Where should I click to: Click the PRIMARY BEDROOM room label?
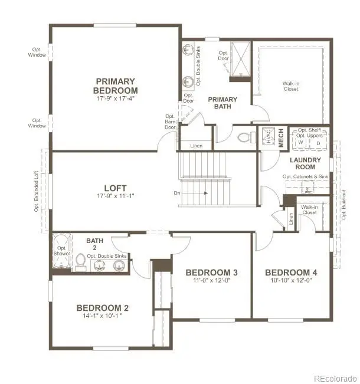pyautogui.click(x=115, y=86)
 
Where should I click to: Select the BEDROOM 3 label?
pyautogui.click(x=211, y=273)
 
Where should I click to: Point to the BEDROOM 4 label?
pyautogui.click(x=291, y=273)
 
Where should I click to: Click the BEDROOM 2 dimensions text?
pyautogui.click(x=102, y=316)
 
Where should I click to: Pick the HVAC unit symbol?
pyautogui.click(x=267, y=137)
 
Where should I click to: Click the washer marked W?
pyautogui.click(x=300, y=142)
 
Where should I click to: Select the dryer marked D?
pyautogui.click(x=318, y=142)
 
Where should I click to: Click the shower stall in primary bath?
pyautogui.click(x=240, y=58)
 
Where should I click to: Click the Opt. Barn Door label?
pyautogui.click(x=170, y=122)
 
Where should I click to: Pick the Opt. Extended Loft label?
pyautogui.click(x=36, y=191)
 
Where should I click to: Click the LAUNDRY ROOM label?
pyautogui.click(x=305, y=163)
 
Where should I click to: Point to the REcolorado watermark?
pyautogui.click(x=335, y=378)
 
